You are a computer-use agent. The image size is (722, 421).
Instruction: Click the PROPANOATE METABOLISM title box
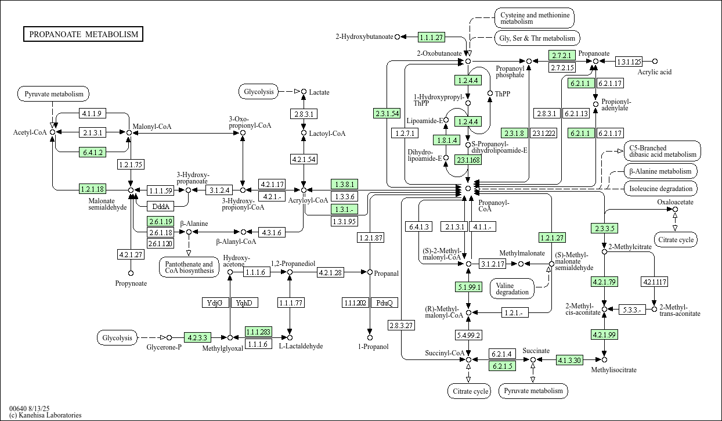pyautogui.click(x=84, y=34)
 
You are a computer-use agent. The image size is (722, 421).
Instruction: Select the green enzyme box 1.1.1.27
pyautogui.click(x=431, y=37)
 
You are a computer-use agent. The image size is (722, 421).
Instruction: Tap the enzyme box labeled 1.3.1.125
pyautogui.click(x=629, y=62)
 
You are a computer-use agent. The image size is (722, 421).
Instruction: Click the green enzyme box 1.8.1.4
pyautogui.click(x=446, y=140)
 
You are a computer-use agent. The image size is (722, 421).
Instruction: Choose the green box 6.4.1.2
pyautogui.click(x=92, y=153)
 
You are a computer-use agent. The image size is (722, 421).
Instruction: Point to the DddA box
pyautogui.click(x=160, y=206)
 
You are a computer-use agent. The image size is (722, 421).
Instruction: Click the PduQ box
pyautogui.click(x=384, y=303)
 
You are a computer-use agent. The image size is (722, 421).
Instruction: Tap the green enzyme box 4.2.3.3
pyautogui.click(x=197, y=337)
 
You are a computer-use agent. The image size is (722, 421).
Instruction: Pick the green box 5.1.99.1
pyautogui.click(x=468, y=287)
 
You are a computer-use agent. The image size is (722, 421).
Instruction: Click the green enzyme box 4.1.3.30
pyautogui.click(x=569, y=360)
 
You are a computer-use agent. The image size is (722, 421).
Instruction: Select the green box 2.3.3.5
pyautogui.click(x=604, y=228)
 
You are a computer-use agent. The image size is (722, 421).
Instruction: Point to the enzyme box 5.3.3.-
pyautogui.click(x=632, y=310)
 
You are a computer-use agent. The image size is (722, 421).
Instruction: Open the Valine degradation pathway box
pyautogui.click(x=512, y=288)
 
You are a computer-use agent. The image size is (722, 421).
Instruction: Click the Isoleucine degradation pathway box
pyautogui.click(x=661, y=189)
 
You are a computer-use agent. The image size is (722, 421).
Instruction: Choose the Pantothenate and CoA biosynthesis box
pyautogui.click(x=188, y=268)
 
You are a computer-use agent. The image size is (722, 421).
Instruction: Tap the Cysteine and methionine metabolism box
pyautogui.click(x=534, y=17)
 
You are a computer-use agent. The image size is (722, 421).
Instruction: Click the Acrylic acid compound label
pyautogui.click(x=655, y=72)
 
